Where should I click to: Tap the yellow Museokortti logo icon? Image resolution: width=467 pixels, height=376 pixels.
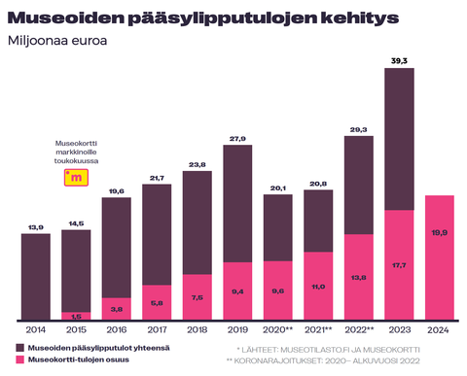click(x=75, y=176)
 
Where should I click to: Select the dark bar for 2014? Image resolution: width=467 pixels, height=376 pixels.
click(x=36, y=277)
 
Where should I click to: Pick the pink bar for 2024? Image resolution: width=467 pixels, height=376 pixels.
click(x=438, y=257)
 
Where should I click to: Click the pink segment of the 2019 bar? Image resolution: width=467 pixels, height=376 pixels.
click(x=238, y=290)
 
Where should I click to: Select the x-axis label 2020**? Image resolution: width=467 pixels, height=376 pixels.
click(x=279, y=330)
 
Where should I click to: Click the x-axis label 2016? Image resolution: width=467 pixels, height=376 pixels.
click(x=116, y=330)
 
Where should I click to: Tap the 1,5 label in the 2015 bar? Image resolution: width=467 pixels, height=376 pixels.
click(x=76, y=317)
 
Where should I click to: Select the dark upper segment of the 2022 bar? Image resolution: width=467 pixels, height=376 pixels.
click(x=358, y=185)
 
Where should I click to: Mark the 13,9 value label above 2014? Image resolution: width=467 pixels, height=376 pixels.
click(x=36, y=226)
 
